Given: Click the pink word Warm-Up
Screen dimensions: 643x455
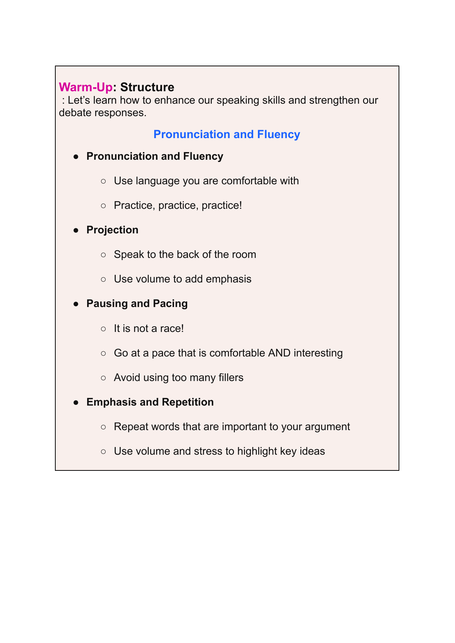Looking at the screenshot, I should click(x=85, y=87).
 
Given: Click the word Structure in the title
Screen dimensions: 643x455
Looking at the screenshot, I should click(x=147, y=87).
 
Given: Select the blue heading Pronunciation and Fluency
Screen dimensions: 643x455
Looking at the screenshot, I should click(x=226, y=134).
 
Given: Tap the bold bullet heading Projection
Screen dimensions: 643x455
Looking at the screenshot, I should click(x=112, y=230).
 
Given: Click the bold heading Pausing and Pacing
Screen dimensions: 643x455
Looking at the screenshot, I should click(x=137, y=303).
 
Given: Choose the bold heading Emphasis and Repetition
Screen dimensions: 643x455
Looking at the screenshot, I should click(x=150, y=402).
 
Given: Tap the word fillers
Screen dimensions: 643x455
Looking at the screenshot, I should click(x=231, y=377).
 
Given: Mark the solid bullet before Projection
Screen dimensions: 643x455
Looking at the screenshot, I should click(x=76, y=230).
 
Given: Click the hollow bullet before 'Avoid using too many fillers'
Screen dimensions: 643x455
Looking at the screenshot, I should click(x=103, y=378).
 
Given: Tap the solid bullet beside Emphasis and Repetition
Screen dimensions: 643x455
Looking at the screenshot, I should click(x=76, y=402).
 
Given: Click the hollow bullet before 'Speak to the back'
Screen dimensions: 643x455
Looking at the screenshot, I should click(x=103, y=255).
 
